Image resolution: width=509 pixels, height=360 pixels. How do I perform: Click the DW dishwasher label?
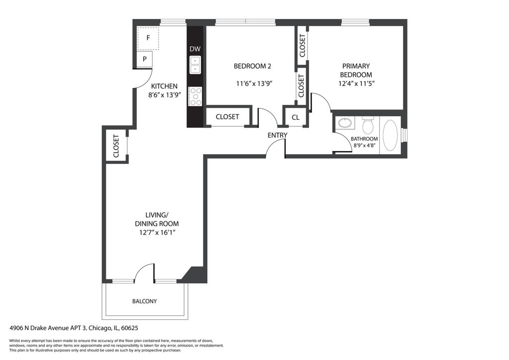point(195,49)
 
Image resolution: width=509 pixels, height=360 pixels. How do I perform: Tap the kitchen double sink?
point(195,65)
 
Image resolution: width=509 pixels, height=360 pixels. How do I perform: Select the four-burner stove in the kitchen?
point(195,96)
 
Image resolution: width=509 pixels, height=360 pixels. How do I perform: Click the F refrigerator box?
point(148,38)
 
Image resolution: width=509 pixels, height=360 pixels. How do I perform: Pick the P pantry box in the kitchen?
point(145,59)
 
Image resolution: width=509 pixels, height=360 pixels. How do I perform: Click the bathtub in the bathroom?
point(391,135)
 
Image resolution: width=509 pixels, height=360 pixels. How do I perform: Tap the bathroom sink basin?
point(345,123)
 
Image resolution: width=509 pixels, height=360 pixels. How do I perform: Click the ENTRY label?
point(277,135)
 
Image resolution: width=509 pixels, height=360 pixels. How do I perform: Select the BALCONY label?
point(145,301)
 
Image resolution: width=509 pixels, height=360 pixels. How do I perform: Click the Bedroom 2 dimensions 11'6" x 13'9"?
point(254,84)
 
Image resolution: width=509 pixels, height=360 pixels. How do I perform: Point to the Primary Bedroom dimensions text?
point(356,84)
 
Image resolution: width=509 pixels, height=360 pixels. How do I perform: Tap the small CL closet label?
point(295,117)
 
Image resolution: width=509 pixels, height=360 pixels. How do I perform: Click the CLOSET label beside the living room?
point(116,146)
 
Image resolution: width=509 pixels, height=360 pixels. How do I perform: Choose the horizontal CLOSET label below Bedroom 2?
point(227,117)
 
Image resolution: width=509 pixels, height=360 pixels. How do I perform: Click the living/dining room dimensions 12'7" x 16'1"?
point(157,232)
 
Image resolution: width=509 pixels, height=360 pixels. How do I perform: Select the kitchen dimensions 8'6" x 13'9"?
point(164,95)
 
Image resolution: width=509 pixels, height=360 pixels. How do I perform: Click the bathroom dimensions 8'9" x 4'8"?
point(364,145)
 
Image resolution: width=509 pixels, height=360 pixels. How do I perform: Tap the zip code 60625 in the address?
point(130,328)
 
